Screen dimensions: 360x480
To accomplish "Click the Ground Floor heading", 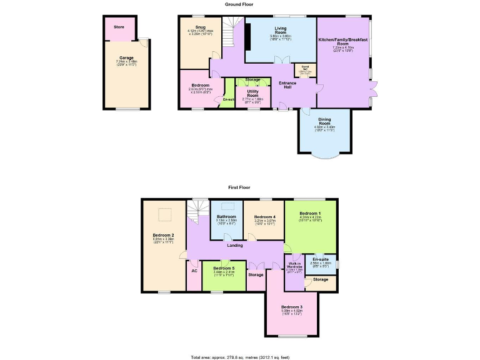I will point(240,4).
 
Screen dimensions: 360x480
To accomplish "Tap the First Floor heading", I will point(240,187).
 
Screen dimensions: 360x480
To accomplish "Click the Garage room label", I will point(126,57).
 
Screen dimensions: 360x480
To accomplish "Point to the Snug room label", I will point(200,27).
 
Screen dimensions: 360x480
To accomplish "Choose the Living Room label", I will point(281,29).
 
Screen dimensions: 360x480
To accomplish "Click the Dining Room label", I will point(324,121).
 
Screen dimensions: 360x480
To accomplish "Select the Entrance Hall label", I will point(287,84).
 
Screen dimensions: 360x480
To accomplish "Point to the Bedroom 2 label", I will point(163,234).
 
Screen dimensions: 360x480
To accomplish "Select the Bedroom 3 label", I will point(291,307).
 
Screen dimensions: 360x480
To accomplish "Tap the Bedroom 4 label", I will point(265,216).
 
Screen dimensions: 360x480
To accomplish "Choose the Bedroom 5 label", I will point(223,267).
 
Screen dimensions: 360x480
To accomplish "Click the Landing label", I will point(235,245).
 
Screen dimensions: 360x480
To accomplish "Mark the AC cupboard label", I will point(194,271).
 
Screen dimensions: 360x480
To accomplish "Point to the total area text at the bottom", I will point(240,357).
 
